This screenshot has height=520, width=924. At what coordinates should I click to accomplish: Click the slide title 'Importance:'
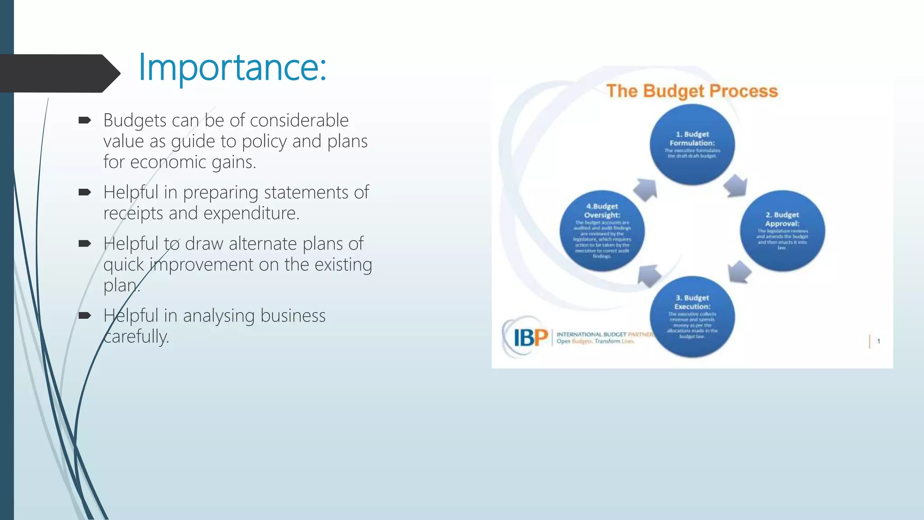(x=232, y=67)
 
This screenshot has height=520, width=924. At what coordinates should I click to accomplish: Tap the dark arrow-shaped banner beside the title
(x=59, y=73)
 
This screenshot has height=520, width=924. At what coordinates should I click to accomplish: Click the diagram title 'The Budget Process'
(x=692, y=91)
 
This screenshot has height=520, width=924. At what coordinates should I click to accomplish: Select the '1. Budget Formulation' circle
(x=692, y=144)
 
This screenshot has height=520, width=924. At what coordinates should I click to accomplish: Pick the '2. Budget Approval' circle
(x=782, y=231)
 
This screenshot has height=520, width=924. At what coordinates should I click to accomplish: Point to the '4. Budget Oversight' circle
(x=602, y=231)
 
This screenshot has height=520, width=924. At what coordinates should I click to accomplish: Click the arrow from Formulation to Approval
(x=736, y=186)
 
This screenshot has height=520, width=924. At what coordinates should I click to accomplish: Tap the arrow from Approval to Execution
(x=739, y=272)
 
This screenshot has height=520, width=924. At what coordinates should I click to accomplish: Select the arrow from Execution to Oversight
(x=649, y=275)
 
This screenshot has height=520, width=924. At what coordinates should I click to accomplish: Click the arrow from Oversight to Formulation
(x=646, y=189)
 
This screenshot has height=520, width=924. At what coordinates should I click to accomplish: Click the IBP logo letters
(x=531, y=338)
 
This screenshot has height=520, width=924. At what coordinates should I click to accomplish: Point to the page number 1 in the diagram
(x=878, y=341)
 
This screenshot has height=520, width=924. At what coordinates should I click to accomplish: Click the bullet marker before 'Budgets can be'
(x=84, y=120)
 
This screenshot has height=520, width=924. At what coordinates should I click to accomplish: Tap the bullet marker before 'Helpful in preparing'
(x=84, y=192)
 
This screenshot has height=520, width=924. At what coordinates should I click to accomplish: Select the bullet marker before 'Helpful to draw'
(x=84, y=244)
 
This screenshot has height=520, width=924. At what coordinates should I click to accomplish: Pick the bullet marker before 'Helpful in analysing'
(x=84, y=316)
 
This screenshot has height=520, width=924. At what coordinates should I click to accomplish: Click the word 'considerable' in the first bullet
(x=299, y=121)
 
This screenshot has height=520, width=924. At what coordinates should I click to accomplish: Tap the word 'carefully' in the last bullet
(x=136, y=337)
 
